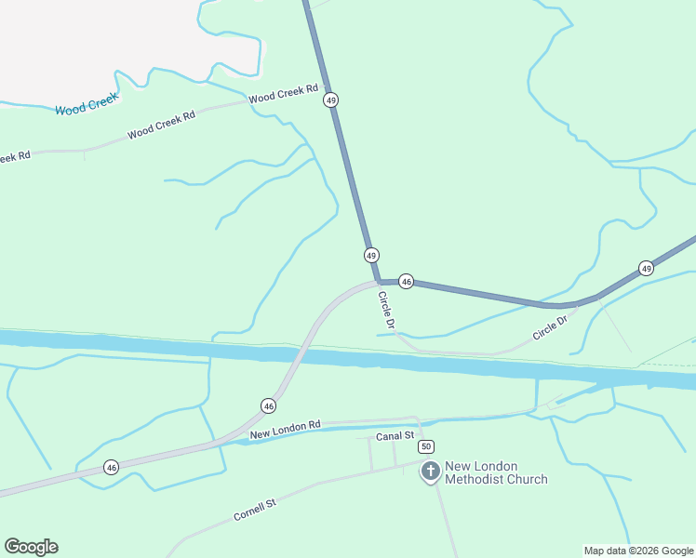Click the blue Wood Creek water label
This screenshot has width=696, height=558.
pos(87,105)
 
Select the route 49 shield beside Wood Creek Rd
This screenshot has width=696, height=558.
pos(330,100)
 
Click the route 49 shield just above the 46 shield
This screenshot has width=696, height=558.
pos(371,255)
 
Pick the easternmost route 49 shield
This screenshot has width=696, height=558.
pos(647,268)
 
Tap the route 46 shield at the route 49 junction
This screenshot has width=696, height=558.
pos(406,280)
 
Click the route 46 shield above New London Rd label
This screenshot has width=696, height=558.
pos(268,405)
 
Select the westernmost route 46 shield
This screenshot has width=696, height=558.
pos(111,467)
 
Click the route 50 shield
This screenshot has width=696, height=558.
pos(425,447)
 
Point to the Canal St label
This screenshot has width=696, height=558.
pos(394,436)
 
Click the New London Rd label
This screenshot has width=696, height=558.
pos(285,430)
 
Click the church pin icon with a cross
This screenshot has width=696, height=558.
pos(431,472)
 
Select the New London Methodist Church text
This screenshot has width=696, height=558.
pos(496,473)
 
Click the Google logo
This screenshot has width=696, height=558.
pos(31,547)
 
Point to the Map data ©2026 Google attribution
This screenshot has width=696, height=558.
pos(639,551)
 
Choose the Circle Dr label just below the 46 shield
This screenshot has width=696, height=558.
pos(387,311)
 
